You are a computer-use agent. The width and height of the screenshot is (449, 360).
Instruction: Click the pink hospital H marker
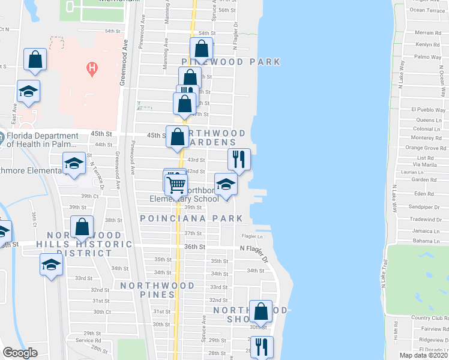pos(92,68)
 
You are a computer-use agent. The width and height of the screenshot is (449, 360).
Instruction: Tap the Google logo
pos(20,353)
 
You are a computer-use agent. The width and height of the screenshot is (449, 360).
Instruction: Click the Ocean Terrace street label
pos(427,10)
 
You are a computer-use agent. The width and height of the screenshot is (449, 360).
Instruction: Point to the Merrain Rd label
pos(428,33)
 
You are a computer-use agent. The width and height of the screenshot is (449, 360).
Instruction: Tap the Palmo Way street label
pos(428,57)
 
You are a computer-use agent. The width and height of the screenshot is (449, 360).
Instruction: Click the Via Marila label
pos(424,164)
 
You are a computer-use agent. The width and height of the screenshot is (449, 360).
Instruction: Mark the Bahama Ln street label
pos(427,240)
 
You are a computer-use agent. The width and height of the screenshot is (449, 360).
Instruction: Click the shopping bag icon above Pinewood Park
pos(202,47)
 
